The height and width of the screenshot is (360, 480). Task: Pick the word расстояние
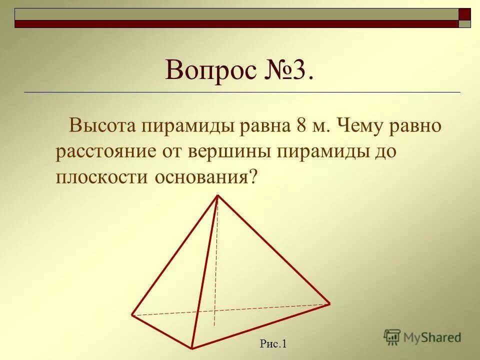(x=105, y=151)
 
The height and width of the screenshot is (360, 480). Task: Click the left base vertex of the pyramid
(x=132, y=314)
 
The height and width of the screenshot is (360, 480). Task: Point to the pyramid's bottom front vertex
(x=191, y=347)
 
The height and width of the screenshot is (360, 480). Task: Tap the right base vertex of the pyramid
(x=329, y=303)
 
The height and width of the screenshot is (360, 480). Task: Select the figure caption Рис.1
(x=272, y=343)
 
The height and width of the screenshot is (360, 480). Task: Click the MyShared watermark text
(x=432, y=337)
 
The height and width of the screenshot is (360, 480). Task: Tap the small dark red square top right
(x=464, y=14)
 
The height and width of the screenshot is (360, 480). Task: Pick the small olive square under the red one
(x=464, y=23)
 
